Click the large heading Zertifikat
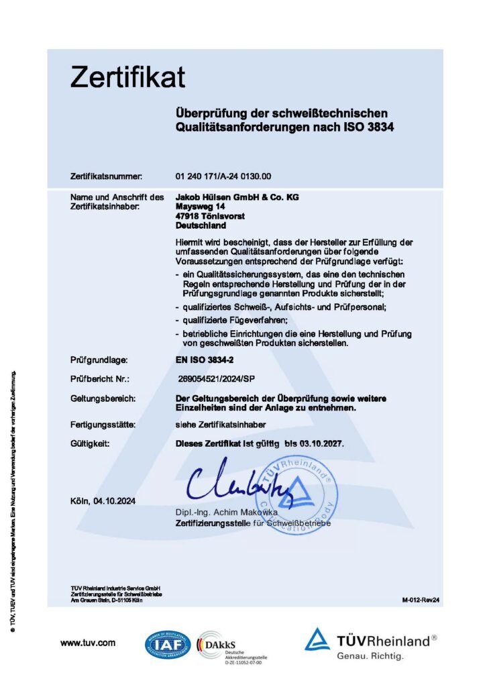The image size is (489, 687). [127, 78]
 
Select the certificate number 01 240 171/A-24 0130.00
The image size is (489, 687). [223, 176]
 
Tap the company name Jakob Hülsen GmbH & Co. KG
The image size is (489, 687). [237, 197]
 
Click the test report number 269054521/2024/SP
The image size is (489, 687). [217, 379]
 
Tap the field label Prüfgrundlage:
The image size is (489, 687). [99, 360]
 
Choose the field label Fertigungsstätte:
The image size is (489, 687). [103, 425]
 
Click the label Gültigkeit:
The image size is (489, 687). [90, 443]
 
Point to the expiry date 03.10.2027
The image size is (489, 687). [325, 443]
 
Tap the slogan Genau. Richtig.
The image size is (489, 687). [370, 655]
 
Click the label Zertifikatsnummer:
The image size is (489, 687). [106, 176]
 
